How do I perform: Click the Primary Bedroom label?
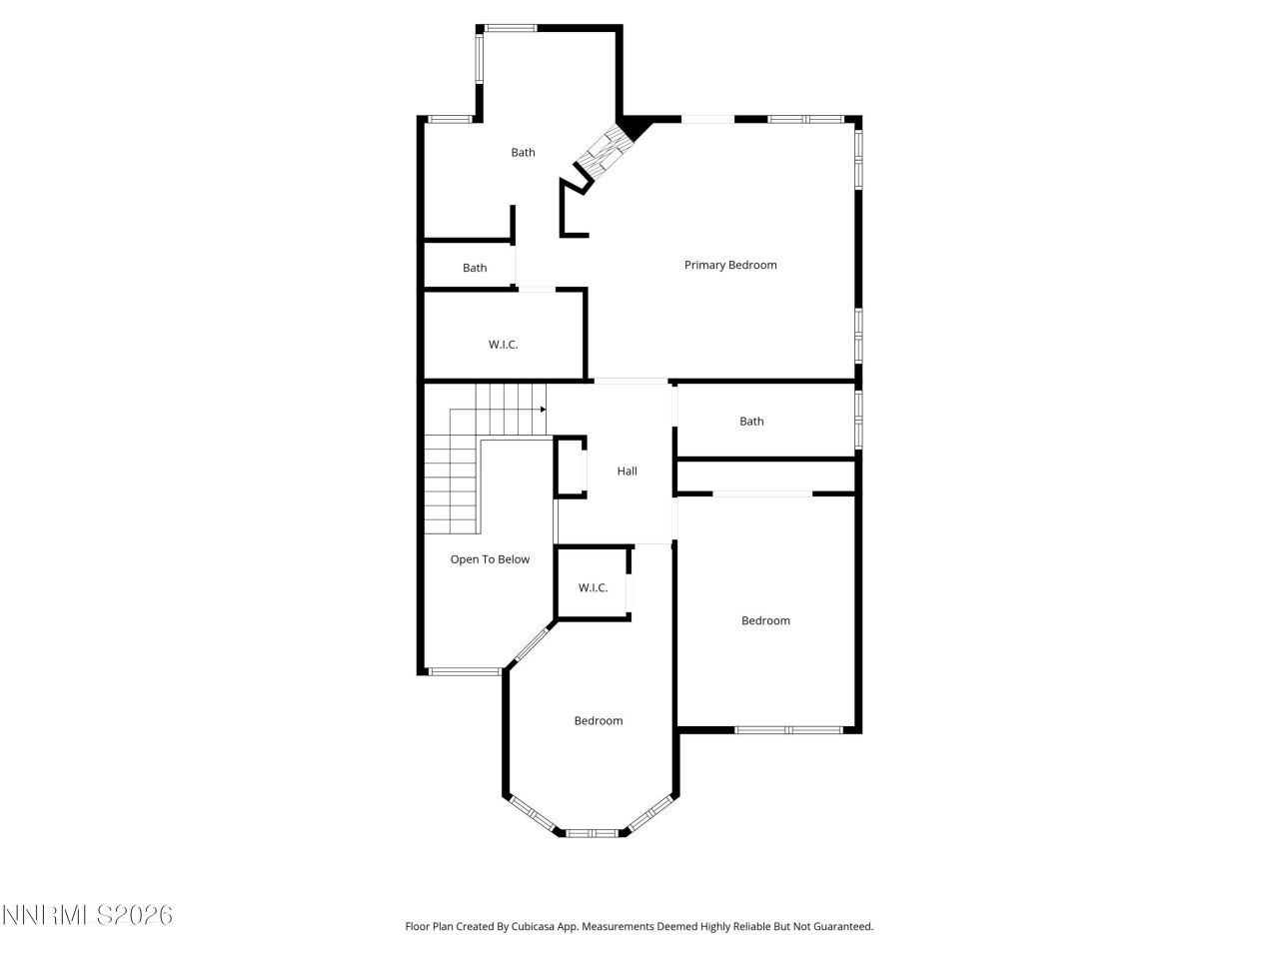click(730, 265)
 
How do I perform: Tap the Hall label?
click(627, 472)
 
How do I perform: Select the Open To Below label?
click(490, 559)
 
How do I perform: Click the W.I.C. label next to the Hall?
click(593, 588)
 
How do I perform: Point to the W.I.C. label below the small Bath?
click(503, 345)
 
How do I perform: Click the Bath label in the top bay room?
click(523, 153)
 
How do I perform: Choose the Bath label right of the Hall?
click(751, 422)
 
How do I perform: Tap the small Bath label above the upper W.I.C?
click(475, 268)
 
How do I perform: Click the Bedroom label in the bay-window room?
click(598, 721)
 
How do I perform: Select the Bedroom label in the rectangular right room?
click(765, 621)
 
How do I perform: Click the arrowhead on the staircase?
click(543, 409)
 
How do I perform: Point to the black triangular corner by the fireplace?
click(633, 128)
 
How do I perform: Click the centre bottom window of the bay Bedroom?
click(594, 831)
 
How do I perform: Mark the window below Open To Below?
click(465, 671)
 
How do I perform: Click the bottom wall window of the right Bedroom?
click(788, 729)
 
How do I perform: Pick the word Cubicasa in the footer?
click(557, 927)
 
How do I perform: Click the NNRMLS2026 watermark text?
click(87, 915)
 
